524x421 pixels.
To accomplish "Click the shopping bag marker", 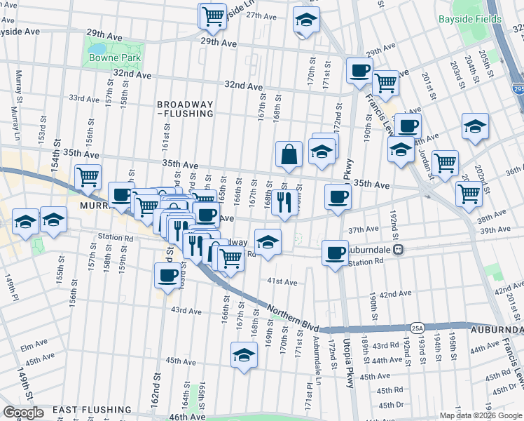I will click(289, 154).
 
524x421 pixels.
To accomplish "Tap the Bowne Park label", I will click(115, 58).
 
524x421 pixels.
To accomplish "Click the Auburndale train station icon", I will click(397, 249).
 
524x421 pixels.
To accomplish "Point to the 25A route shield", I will click(418, 328).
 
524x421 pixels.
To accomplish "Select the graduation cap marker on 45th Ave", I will click(244, 356).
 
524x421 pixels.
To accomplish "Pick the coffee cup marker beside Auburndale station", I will click(336, 252).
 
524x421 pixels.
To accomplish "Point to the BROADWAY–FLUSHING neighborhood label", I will click(185, 108).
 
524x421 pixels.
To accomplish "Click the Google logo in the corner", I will click(23, 412).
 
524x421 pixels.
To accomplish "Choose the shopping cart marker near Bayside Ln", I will click(213, 15).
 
